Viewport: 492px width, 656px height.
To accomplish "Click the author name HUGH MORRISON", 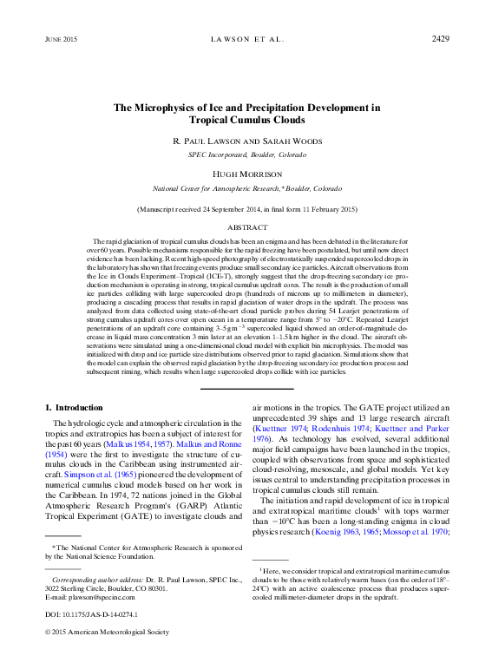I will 246,174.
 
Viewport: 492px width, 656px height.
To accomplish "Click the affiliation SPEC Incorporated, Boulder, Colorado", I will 246,154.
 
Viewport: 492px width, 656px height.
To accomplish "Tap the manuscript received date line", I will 246,209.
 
